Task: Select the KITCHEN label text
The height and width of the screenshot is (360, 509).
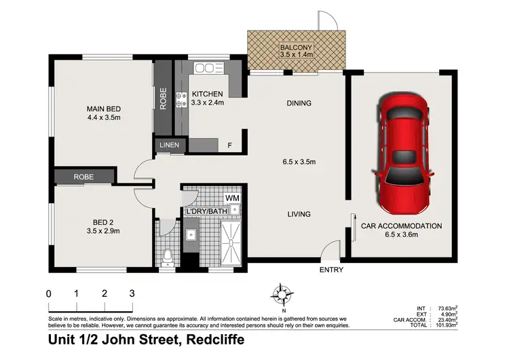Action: pyautogui.click(x=207, y=94)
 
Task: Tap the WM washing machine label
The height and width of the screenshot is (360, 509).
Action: pyautogui.click(x=232, y=198)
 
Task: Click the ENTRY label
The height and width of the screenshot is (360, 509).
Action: pyautogui.click(x=331, y=270)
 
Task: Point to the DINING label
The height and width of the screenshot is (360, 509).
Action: pyautogui.click(x=299, y=104)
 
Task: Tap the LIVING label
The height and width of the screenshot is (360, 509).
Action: pyautogui.click(x=299, y=215)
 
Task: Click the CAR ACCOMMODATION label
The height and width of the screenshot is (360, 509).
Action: pyautogui.click(x=401, y=226)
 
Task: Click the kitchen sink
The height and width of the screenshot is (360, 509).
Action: pyautogui.click(x=205, y=68)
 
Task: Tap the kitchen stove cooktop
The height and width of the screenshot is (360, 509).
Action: pyautogui.click(x=182, y=101)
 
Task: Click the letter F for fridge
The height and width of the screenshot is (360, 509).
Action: pyautogui.click(x=229, y=145)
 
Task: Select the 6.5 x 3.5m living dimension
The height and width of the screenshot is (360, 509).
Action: pyautogui.click(x=299, y=162)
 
